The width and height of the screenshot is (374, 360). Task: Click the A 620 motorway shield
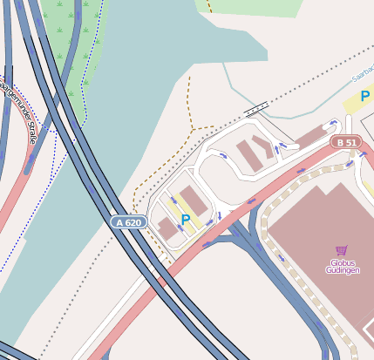coord(128,222)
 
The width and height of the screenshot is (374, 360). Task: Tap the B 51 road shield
coord(345,142)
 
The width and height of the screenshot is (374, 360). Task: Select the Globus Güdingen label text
coord(343,267)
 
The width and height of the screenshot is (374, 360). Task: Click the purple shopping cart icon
coord(341,250)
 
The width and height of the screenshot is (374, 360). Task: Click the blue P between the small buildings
coord(186,219)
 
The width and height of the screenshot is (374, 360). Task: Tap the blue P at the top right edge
coord(366,96)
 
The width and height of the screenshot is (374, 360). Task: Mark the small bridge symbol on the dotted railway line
coord(256,108)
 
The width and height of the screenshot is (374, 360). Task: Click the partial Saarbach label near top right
coord(362,77)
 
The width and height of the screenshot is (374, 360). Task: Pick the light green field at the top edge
coord(253,7)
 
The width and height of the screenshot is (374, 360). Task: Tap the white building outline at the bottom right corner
coord(369,332)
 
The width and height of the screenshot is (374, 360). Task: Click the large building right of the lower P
coord(195,200)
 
